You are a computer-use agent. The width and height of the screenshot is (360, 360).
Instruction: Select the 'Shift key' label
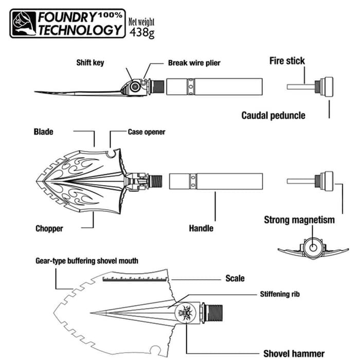91,63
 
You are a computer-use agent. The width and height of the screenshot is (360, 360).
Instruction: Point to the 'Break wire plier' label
194,63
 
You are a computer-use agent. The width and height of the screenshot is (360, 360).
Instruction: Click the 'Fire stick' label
287,61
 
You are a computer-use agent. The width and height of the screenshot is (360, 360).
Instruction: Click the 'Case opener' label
147,132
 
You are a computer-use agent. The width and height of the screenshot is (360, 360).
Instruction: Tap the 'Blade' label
43,132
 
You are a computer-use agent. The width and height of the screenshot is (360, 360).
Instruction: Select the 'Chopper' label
49,228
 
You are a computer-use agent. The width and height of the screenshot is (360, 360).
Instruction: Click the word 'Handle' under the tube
201,228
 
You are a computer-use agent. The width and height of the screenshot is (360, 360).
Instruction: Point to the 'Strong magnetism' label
299,220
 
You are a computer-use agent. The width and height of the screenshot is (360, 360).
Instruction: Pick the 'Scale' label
235,279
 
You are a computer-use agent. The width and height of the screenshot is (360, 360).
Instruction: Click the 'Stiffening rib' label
279,295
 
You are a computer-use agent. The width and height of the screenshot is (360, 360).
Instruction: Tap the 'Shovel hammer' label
294,353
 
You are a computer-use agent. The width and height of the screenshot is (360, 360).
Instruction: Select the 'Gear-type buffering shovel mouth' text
86,261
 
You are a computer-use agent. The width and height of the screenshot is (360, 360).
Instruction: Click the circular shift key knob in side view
135,87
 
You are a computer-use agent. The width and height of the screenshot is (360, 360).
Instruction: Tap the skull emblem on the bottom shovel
184,312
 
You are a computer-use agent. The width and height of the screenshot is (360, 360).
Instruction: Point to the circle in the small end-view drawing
312,248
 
